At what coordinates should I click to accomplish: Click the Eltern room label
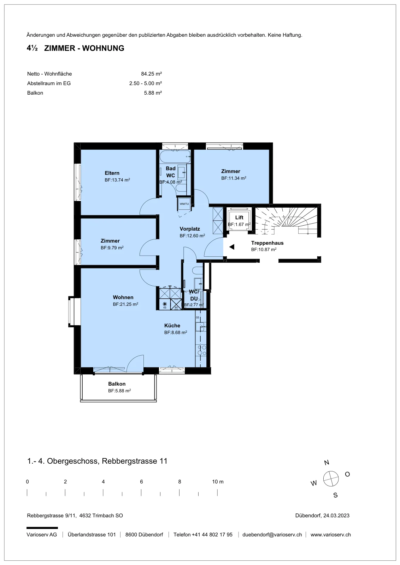112,173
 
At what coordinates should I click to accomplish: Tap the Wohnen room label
123,297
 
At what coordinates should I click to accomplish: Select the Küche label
172,325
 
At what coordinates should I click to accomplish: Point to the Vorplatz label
190,229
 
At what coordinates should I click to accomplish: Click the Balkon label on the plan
117,383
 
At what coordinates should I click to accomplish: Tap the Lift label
239,218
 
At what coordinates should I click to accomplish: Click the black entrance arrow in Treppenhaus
232,247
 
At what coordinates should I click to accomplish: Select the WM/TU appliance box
184,204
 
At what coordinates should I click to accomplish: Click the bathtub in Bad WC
175,157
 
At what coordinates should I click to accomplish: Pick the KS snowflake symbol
165,304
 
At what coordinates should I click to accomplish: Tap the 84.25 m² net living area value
152,74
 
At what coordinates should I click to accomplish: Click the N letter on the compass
327,463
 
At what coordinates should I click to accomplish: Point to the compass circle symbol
331,478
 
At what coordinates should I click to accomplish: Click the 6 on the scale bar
141,482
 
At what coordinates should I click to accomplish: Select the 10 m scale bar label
218,482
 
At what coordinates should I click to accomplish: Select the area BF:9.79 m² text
112,248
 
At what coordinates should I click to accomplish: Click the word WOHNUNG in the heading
103,48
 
